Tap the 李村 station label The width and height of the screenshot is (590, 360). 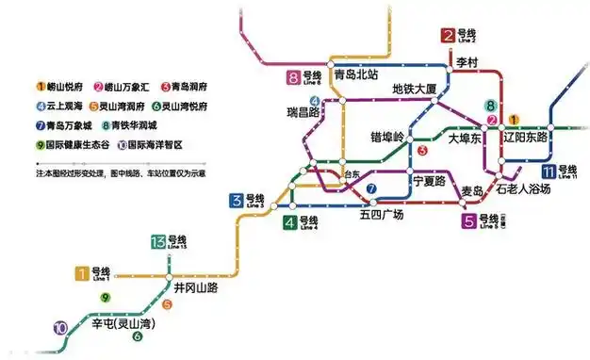(468, 61)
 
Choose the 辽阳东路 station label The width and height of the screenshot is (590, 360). (529, 138)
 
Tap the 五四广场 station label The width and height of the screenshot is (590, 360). (381, 214)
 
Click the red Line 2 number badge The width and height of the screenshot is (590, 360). (448, 38)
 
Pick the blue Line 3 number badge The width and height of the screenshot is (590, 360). (236, 200)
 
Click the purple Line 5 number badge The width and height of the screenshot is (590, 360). (468, 222)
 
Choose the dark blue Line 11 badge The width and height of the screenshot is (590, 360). (549, 171)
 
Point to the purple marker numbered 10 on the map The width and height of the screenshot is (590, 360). (60, 329)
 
